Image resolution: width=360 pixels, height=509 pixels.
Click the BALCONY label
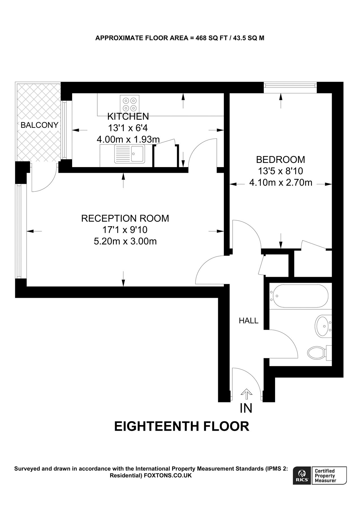[x=39, y=125]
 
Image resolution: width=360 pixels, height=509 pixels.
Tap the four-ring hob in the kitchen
[x=130, y=104]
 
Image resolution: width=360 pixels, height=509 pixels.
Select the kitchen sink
[x=130, y=154]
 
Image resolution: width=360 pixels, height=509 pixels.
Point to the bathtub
[x=299, y=296]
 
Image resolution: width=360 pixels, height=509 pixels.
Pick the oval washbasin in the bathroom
[x=323, y=326]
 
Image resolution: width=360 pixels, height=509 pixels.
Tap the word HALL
[x=248, y=321]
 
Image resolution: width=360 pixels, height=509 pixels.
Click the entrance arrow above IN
[x=246, y=393]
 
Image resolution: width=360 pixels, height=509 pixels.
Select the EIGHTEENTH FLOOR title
[x=181, y=426]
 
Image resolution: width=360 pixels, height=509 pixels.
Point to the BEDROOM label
[x=280, y=159]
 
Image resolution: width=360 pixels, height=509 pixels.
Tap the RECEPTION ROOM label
[x=125, y=218]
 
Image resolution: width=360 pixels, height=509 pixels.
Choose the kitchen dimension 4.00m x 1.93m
[x=128, y=139]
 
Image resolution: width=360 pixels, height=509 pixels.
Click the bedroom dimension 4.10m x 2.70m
[x=280, y=183]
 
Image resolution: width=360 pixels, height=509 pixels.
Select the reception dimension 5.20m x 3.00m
[x=125, y=241]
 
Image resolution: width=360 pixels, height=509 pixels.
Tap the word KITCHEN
[x=128, y=116]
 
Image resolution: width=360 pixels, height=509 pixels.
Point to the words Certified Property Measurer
[x=325, y=475]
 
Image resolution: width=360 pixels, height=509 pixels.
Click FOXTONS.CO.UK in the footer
[x=168, y=475]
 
